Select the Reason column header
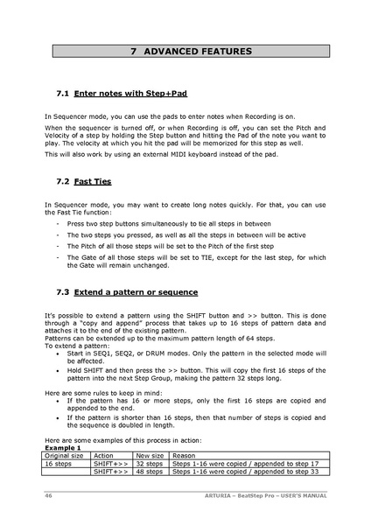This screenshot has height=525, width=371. [184, 455]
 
